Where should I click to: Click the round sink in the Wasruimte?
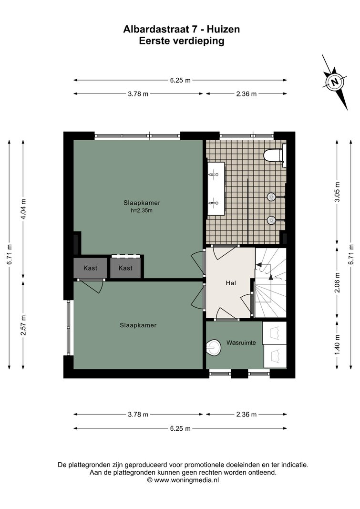(x=213, y=347)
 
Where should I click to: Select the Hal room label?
(x=231, y=283)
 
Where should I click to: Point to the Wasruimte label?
(x=241, y=343)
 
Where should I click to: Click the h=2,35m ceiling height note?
(x=142, y=210)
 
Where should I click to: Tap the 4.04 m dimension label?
(x=23, y=209)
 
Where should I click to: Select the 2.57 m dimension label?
(x=23, y=326)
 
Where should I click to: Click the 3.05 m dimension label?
(x=338, y=192)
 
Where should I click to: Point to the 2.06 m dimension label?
(x=338, y=282)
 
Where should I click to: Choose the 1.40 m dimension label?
(x=338, y=345)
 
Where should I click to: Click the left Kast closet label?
(x=90, y=268)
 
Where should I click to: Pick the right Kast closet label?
(x=125, y=268)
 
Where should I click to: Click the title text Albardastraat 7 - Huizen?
(x=182, y=30)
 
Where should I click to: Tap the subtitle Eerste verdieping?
(x=182, y=41)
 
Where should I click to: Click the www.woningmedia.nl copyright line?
(x=183, y=480)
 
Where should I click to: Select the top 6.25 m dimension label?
(x=180, y=80)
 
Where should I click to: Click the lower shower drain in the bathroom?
(x=271, y=220)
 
